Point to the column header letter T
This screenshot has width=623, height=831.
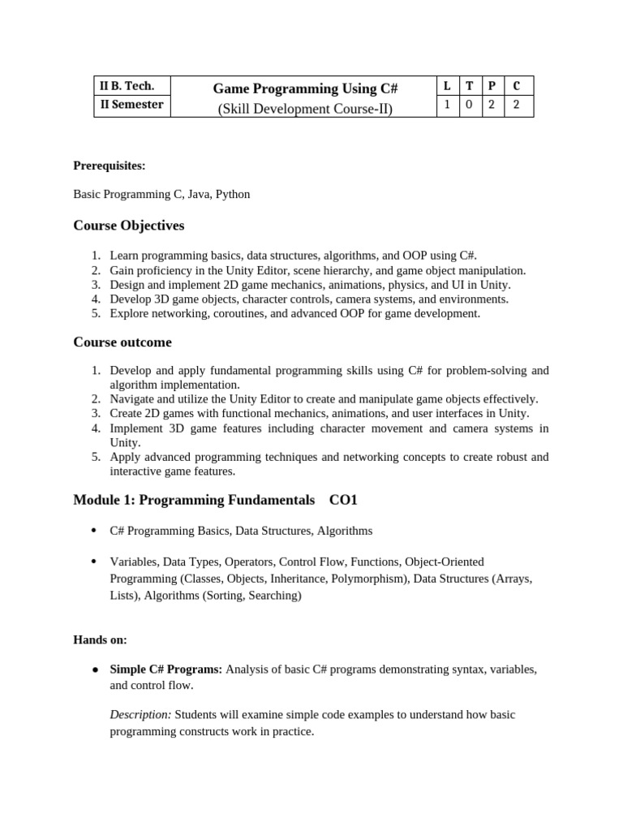click(470, 85)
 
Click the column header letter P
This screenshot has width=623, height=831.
click(492, 85)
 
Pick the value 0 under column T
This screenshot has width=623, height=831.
click(470, 105)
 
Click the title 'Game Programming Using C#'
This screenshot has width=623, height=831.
click(304, 88)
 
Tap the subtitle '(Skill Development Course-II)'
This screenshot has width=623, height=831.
click(304, 109)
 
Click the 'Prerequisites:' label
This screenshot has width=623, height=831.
click(110, 166)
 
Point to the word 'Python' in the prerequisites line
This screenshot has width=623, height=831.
click(233, 195)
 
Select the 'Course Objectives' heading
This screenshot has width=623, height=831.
click(129, 226)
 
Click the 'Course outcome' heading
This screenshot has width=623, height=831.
click(122, 342)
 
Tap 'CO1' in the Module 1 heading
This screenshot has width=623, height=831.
click(343, 501)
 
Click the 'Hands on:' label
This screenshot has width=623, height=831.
click(100, 640)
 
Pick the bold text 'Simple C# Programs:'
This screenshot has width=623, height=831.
click(165, 670)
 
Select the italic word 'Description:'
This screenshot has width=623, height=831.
click(140, 715)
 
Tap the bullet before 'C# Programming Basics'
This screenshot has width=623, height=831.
click(94, 531)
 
